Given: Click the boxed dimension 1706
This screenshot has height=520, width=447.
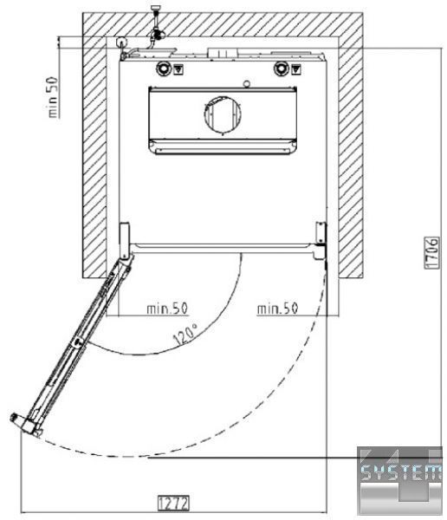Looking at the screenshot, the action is pyautogui.click(x=432, y=252).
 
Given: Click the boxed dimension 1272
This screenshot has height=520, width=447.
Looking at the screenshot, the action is pyautogui.click(x=174, y=503).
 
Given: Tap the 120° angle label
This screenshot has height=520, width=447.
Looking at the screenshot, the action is pyautogui.click(x=185, y=335).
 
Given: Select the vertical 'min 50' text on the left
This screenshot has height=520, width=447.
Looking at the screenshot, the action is pyautogui.click(x=53, y=97).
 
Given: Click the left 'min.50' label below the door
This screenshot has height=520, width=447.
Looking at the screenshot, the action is pyautogui.click(x=167, y=309).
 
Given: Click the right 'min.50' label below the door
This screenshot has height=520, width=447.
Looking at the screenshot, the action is pyautogui.click(x=278, y=309).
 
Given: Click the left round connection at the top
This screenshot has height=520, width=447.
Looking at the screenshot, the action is pyautogui.click(x=163, y=68).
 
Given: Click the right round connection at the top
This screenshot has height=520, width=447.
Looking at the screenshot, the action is pyautogui.click(x=281, y=68).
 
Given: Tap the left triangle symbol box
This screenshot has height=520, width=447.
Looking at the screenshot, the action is pyautogui.click(x=178, y=69).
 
